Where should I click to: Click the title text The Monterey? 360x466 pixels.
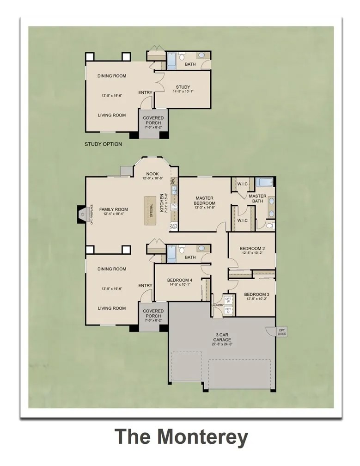coord(181,437)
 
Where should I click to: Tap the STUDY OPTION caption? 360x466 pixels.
coord(103,144)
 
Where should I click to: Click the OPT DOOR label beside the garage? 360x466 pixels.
coord(281,331)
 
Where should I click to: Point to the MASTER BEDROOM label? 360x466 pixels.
coord(204,201)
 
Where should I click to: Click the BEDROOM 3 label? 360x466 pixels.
coord(256,294)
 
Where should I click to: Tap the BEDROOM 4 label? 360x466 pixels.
coord(180,280)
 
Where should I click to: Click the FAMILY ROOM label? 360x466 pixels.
coord(114,209)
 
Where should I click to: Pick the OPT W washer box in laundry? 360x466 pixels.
coord(228,300)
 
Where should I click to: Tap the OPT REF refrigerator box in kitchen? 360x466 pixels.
coord(174,226)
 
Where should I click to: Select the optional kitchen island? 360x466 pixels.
coord(150,211)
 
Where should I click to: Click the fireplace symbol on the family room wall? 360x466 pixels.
coord(82,214)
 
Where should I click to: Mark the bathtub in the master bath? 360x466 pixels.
coord(262,182)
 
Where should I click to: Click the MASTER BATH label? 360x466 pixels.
coord(257,199)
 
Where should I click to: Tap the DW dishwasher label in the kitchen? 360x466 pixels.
coord(173,181)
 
